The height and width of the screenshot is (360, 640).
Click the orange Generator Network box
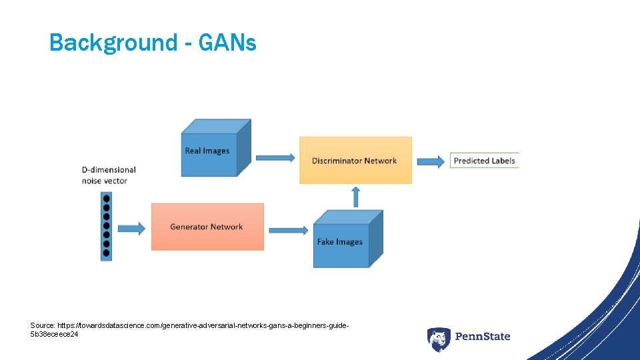pos(207,227)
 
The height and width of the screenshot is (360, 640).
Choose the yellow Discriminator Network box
pos(355,161)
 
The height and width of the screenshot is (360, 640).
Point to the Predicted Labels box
pos(484,161)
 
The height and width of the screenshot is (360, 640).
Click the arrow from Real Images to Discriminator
pos(275,158)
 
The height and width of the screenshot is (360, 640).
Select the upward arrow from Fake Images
pos(355,197)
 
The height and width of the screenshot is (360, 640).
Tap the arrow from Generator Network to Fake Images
pos(289,230)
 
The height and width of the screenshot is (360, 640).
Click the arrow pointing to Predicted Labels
pos(431,161)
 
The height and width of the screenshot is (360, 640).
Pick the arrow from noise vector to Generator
pos(131,229)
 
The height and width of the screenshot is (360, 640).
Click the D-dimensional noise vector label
pos(109,175)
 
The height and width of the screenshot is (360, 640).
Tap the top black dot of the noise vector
pos(106,199)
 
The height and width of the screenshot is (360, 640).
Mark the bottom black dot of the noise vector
pos(106,253)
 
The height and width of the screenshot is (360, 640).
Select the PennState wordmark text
pos(482,337)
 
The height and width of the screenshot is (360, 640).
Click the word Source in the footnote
pos(43,325)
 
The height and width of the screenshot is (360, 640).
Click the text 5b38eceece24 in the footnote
pos(54,334)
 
